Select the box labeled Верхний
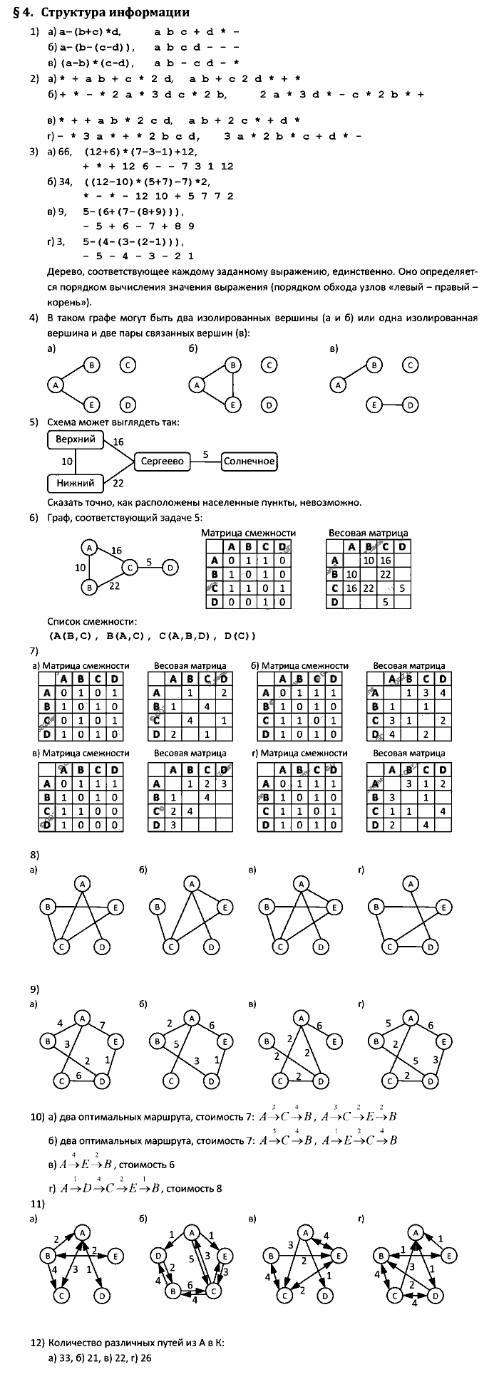tap(75, 439)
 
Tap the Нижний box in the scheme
tap(75, 483)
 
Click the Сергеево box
tap(162, 462)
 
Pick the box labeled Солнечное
tap(249, 462)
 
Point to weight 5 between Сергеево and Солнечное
tap(205, 454)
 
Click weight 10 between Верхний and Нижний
tap(66, 462)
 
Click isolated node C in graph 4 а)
tap(127, 365)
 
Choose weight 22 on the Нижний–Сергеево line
tap(118, 484)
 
